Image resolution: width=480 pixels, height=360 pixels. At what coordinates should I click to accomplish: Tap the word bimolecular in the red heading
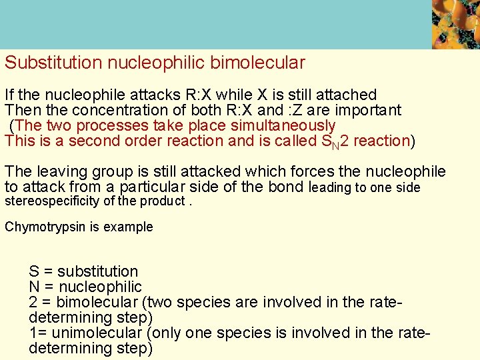[257, 63]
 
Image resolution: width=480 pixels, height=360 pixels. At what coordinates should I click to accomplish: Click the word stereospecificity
[51, 201]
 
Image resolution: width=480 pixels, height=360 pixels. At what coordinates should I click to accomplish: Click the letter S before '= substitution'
[33, 272]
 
